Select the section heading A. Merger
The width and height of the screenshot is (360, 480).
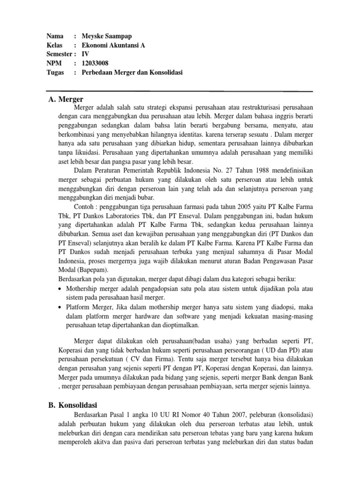66,99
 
